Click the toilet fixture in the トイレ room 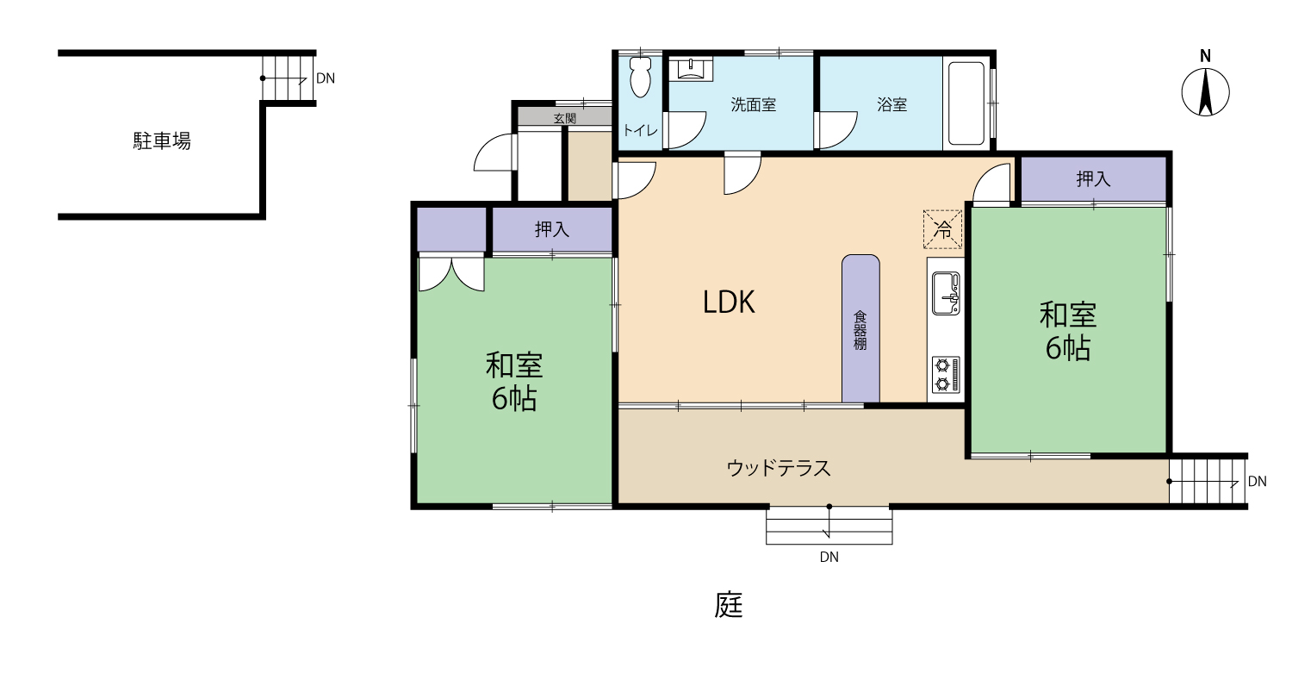(x=640, y=77)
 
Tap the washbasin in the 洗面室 (x=691, y=68)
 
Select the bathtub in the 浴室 (x=966, y=103)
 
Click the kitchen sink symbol (x=946, y=294)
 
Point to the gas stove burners (x=946, y=375)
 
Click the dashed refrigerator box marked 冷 (x=943, y=230)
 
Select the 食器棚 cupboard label (x=860, y=330)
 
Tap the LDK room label (x=729, y=302)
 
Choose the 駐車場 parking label (x=162, y=140)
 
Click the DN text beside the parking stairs (x=326, y=78)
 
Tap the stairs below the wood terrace (x=829, y=525)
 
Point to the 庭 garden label (x=729, y=605)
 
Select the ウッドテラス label (x=779, y=467)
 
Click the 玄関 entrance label (x=565, y=118)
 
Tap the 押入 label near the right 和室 (x=1093, y=179)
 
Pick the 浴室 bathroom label (x=891, y=104)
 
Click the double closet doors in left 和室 (x=451, y=271)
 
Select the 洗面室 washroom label (x=754, y=104)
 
